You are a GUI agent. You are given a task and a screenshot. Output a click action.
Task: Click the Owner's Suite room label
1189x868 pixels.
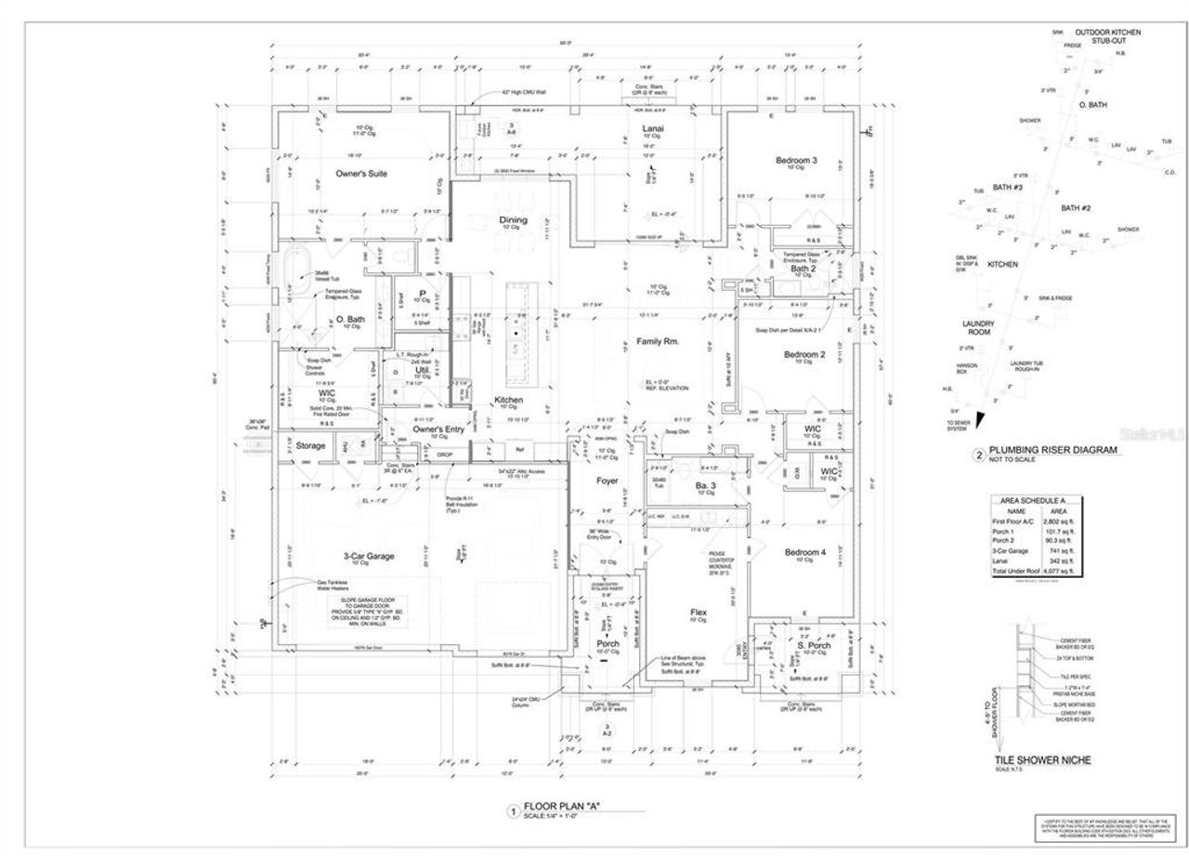[361, 174]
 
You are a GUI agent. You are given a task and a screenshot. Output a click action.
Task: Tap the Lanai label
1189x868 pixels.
[653, 128]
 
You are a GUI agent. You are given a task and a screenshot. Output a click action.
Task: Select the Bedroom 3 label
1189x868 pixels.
[796, 161]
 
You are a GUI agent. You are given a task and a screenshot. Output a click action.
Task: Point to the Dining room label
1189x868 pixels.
[513, 220]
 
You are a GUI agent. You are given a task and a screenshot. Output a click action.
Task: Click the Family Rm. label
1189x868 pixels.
[658, 342]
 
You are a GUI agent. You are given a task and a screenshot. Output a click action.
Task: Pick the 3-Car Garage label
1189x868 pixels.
[367, 556]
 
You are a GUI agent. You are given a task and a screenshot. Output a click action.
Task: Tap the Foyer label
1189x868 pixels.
[607, 480]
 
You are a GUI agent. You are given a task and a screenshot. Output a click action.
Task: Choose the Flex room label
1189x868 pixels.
[699, 612]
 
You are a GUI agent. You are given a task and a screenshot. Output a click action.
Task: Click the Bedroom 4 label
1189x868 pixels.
[804, 552]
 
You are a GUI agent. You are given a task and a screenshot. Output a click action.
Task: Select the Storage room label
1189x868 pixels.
[310, 446]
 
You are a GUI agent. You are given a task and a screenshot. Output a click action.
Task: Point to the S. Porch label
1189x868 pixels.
[814, 645]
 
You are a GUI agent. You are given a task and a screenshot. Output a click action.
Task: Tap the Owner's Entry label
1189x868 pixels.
[438, 429]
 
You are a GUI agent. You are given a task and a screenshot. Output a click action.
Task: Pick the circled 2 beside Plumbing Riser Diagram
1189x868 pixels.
[978, 455]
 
